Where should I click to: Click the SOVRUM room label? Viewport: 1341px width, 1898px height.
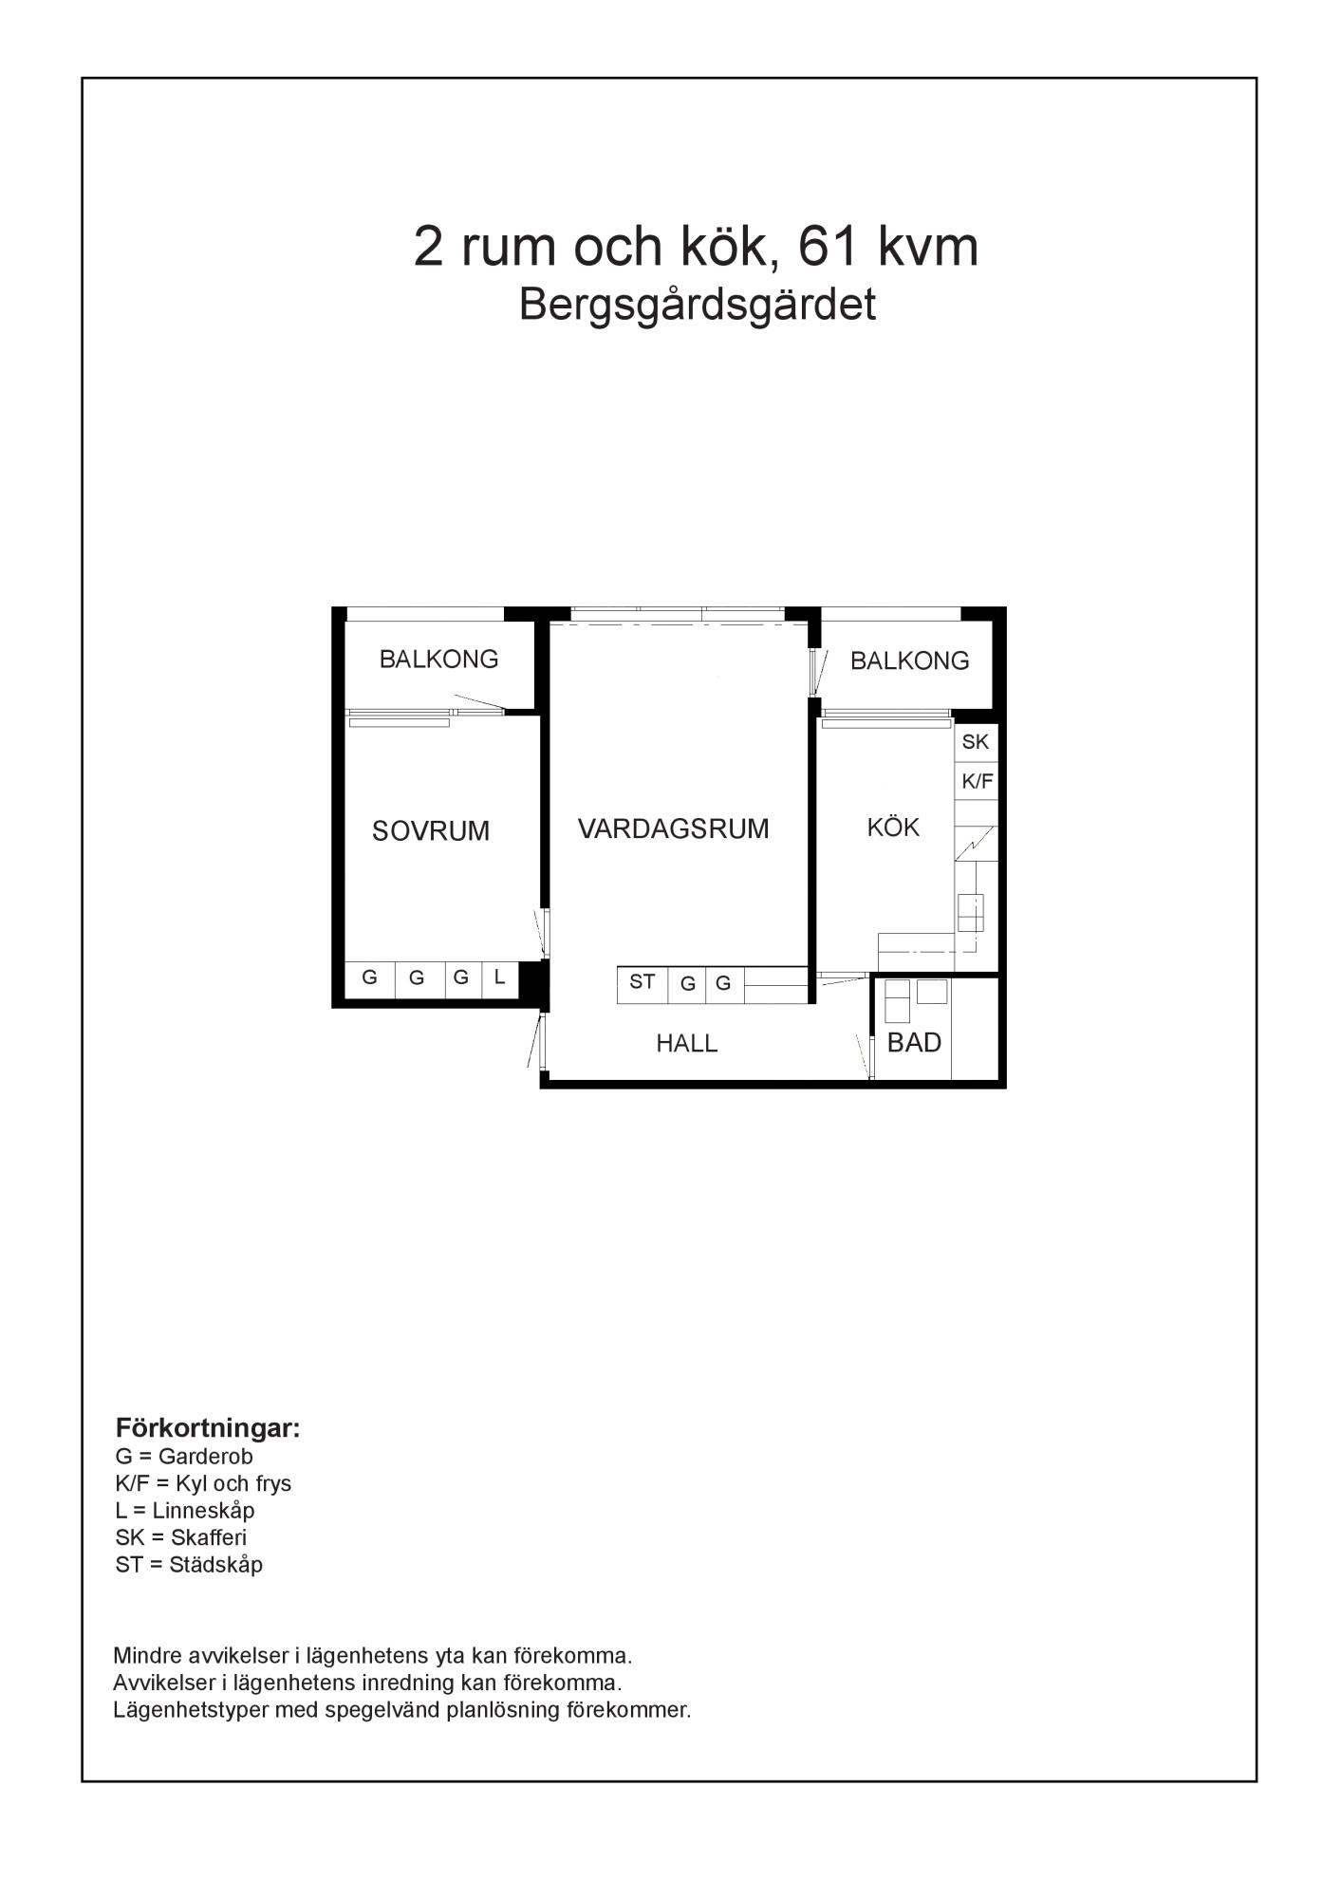click(x=431, y=831)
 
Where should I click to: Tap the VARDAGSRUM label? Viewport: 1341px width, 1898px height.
click(x=674, y=829)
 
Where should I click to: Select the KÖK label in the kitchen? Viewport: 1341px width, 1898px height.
click(x=893, y=827)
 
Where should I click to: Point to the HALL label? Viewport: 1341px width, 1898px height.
click(x=687, y=1044)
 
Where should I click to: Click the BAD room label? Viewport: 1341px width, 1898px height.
click(x=914, y=1043)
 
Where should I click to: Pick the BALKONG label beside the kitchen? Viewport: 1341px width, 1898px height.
click(x=909, y=661)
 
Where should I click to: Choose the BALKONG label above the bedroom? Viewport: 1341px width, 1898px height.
click(x=438, y=660)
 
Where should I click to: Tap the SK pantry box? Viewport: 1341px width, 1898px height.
click(x=976, y=742)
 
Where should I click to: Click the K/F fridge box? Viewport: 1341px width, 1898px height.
click(x=977, y=782)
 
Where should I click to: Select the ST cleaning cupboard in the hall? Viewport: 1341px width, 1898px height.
click(x=643, y=984)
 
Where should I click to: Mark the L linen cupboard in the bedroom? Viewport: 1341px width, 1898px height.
click(x=500, y=978)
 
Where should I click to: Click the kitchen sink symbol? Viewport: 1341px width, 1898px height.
click(x=970, y=913)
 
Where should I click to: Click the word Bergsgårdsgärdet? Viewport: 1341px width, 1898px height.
click(x=698, y=306)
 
